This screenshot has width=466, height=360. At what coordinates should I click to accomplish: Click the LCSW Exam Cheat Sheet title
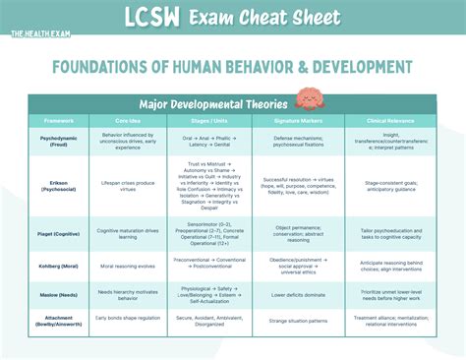(x=233, y=18)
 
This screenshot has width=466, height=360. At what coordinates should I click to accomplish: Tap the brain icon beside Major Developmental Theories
(x=308, y=101)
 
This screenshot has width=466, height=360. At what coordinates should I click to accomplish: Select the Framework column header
(x=58, y=120)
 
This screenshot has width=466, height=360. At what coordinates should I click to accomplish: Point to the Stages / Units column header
(x=207, y=120)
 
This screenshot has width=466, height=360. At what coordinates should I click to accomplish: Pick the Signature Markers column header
(x=294, y=120)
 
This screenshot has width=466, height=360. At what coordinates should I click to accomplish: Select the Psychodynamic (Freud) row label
(x=58, y=142)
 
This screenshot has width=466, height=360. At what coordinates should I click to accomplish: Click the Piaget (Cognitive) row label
(x=58, y=232)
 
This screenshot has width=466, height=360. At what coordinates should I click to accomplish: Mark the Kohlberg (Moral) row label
(x=58, y=266)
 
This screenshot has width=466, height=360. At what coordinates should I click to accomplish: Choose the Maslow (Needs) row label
(x=58, y=294)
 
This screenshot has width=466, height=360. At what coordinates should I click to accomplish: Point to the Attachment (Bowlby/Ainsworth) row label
(x=58, y=322)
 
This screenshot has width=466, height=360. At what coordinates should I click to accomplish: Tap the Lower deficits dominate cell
(x=294, y=294)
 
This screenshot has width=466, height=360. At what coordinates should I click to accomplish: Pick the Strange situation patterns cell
(x=294, y=322)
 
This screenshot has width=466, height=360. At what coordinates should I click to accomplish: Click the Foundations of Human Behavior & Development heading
(x=233, y=67)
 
